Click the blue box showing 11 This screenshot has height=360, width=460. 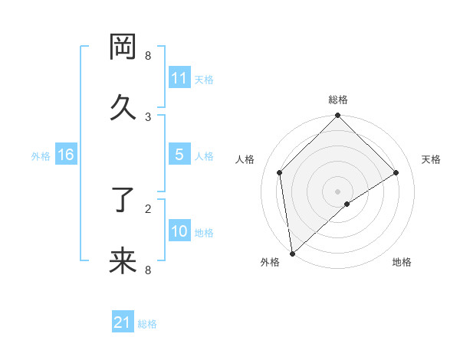tap(179, 78)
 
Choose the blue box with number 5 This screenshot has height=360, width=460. tap(179, 155)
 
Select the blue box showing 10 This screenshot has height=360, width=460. tap(179, 231)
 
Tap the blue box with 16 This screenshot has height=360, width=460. tap(66, 155)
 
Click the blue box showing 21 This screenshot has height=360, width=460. tap(123, 323)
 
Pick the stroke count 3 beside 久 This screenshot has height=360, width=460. tap(148, 116)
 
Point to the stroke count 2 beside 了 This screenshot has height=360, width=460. tap(148, 208)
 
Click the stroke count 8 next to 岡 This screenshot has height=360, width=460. tap(148, 56)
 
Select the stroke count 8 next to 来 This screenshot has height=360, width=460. tap(148, 270)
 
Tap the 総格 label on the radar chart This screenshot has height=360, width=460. tap(338, 100)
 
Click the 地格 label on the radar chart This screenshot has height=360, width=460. tap(402, 262)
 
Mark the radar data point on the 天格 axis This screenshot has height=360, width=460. tap(396, 173)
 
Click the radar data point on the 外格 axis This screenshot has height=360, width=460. tap(292, 253)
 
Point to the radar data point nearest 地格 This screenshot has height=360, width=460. tap(347, 204)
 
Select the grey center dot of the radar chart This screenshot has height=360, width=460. tap(338, 191)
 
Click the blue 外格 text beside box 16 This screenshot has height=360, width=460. tap(41, 155)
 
